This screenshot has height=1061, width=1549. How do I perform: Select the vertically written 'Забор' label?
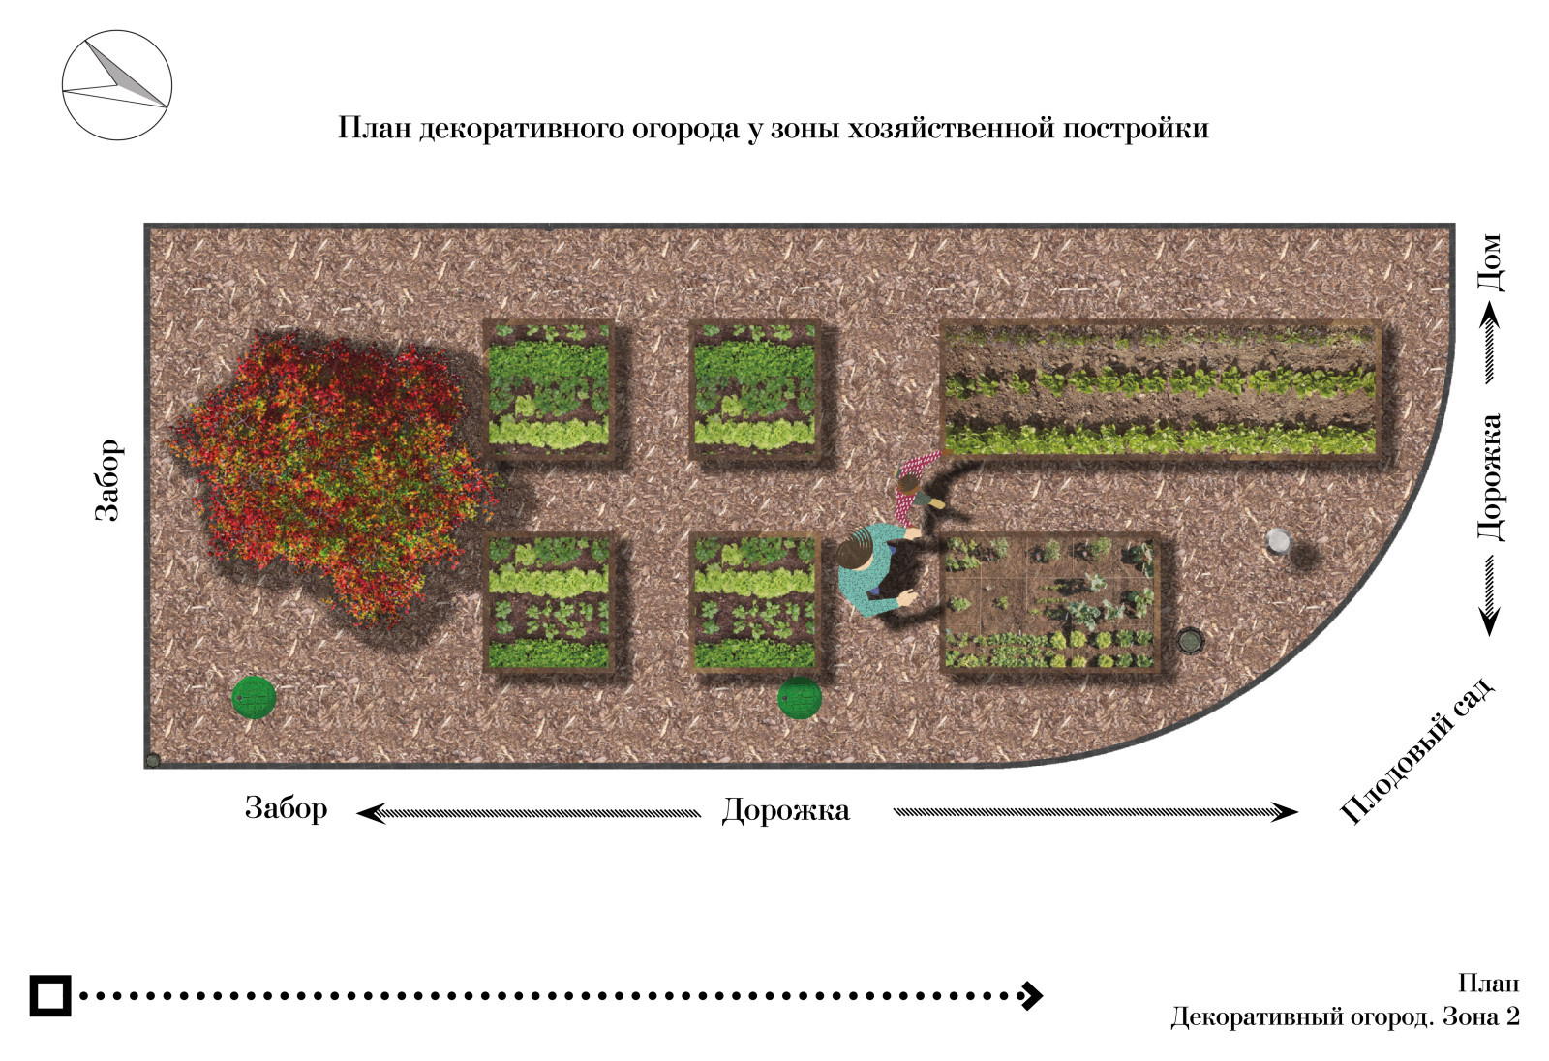point(107,479)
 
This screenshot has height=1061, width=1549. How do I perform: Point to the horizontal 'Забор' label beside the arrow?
point(286,808)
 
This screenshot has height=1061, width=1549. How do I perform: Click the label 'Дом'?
point(1491,262)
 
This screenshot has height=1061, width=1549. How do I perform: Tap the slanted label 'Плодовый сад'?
point(1416,751)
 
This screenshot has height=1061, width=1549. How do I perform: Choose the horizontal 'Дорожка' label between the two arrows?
point(785,810)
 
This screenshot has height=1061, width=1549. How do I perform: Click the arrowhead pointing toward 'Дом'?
point(1490,315)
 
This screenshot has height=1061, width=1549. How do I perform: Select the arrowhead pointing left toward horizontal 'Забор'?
point(370,813)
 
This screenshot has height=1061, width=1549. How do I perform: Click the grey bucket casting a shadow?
point(1278,541)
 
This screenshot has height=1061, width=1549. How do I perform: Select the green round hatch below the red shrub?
point(254,697)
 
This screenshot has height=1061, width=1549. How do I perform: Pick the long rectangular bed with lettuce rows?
point(1161,390)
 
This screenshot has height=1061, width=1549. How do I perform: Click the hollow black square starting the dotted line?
point(49,996)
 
